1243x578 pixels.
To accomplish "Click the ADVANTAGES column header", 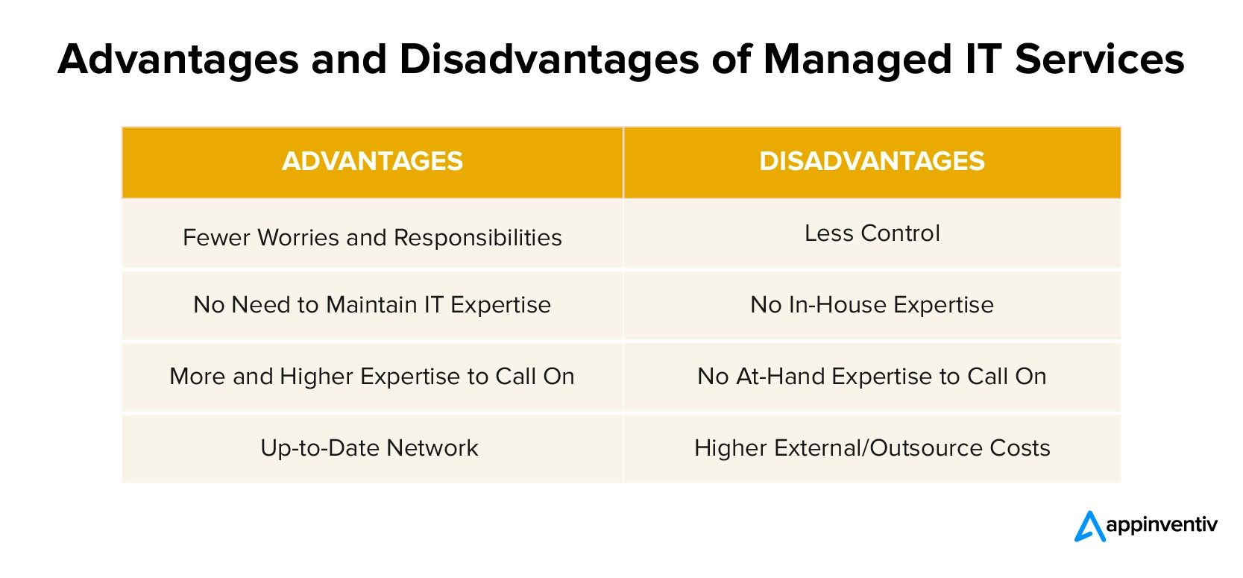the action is pos(372,162).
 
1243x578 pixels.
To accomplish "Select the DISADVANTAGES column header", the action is pos(872,162).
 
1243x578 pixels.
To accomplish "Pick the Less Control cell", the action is pos(872,233).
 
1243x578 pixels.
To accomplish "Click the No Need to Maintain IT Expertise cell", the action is pos(372,305).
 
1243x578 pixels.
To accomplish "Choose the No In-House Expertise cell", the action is pos(872,305).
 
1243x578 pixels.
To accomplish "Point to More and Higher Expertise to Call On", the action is pos(372,377).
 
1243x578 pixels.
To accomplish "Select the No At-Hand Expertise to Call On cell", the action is pos(872,377).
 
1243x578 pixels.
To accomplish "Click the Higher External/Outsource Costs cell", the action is pos(872,448).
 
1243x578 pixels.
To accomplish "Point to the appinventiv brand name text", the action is pos(1162,525).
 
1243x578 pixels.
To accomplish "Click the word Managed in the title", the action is pos(857,60).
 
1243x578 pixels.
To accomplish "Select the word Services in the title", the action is pos(1100,59).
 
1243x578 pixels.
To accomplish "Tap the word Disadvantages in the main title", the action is pos(549,60).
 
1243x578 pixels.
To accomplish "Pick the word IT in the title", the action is pos(984,59).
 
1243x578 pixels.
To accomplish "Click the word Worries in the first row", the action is pos(298,238).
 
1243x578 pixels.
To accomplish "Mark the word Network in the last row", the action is pos(432,448).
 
